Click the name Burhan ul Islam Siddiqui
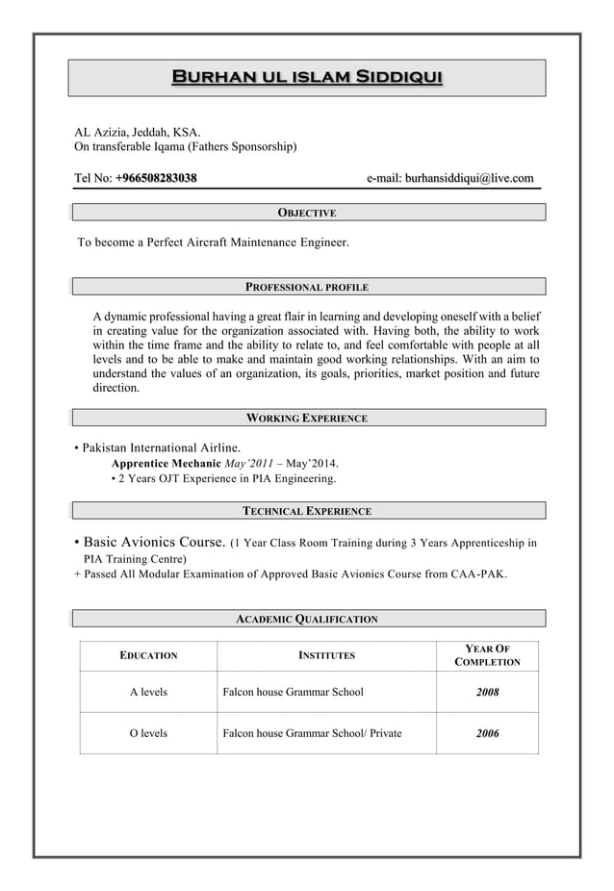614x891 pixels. [306, 77]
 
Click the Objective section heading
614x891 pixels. [306, 212]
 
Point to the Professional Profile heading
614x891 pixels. [306, 287]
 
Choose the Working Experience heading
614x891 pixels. [306, 419]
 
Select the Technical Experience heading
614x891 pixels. [306, 511]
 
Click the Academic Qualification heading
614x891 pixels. [306, 619]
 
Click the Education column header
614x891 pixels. [148, 655]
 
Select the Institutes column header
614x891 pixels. [326, 655]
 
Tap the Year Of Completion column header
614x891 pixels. [487, 655]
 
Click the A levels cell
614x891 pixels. [148, 692]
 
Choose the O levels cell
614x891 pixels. [148, 733]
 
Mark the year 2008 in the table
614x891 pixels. [487, 692]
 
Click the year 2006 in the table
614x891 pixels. [487, 733]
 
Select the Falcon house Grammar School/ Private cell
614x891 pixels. [312, 733]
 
